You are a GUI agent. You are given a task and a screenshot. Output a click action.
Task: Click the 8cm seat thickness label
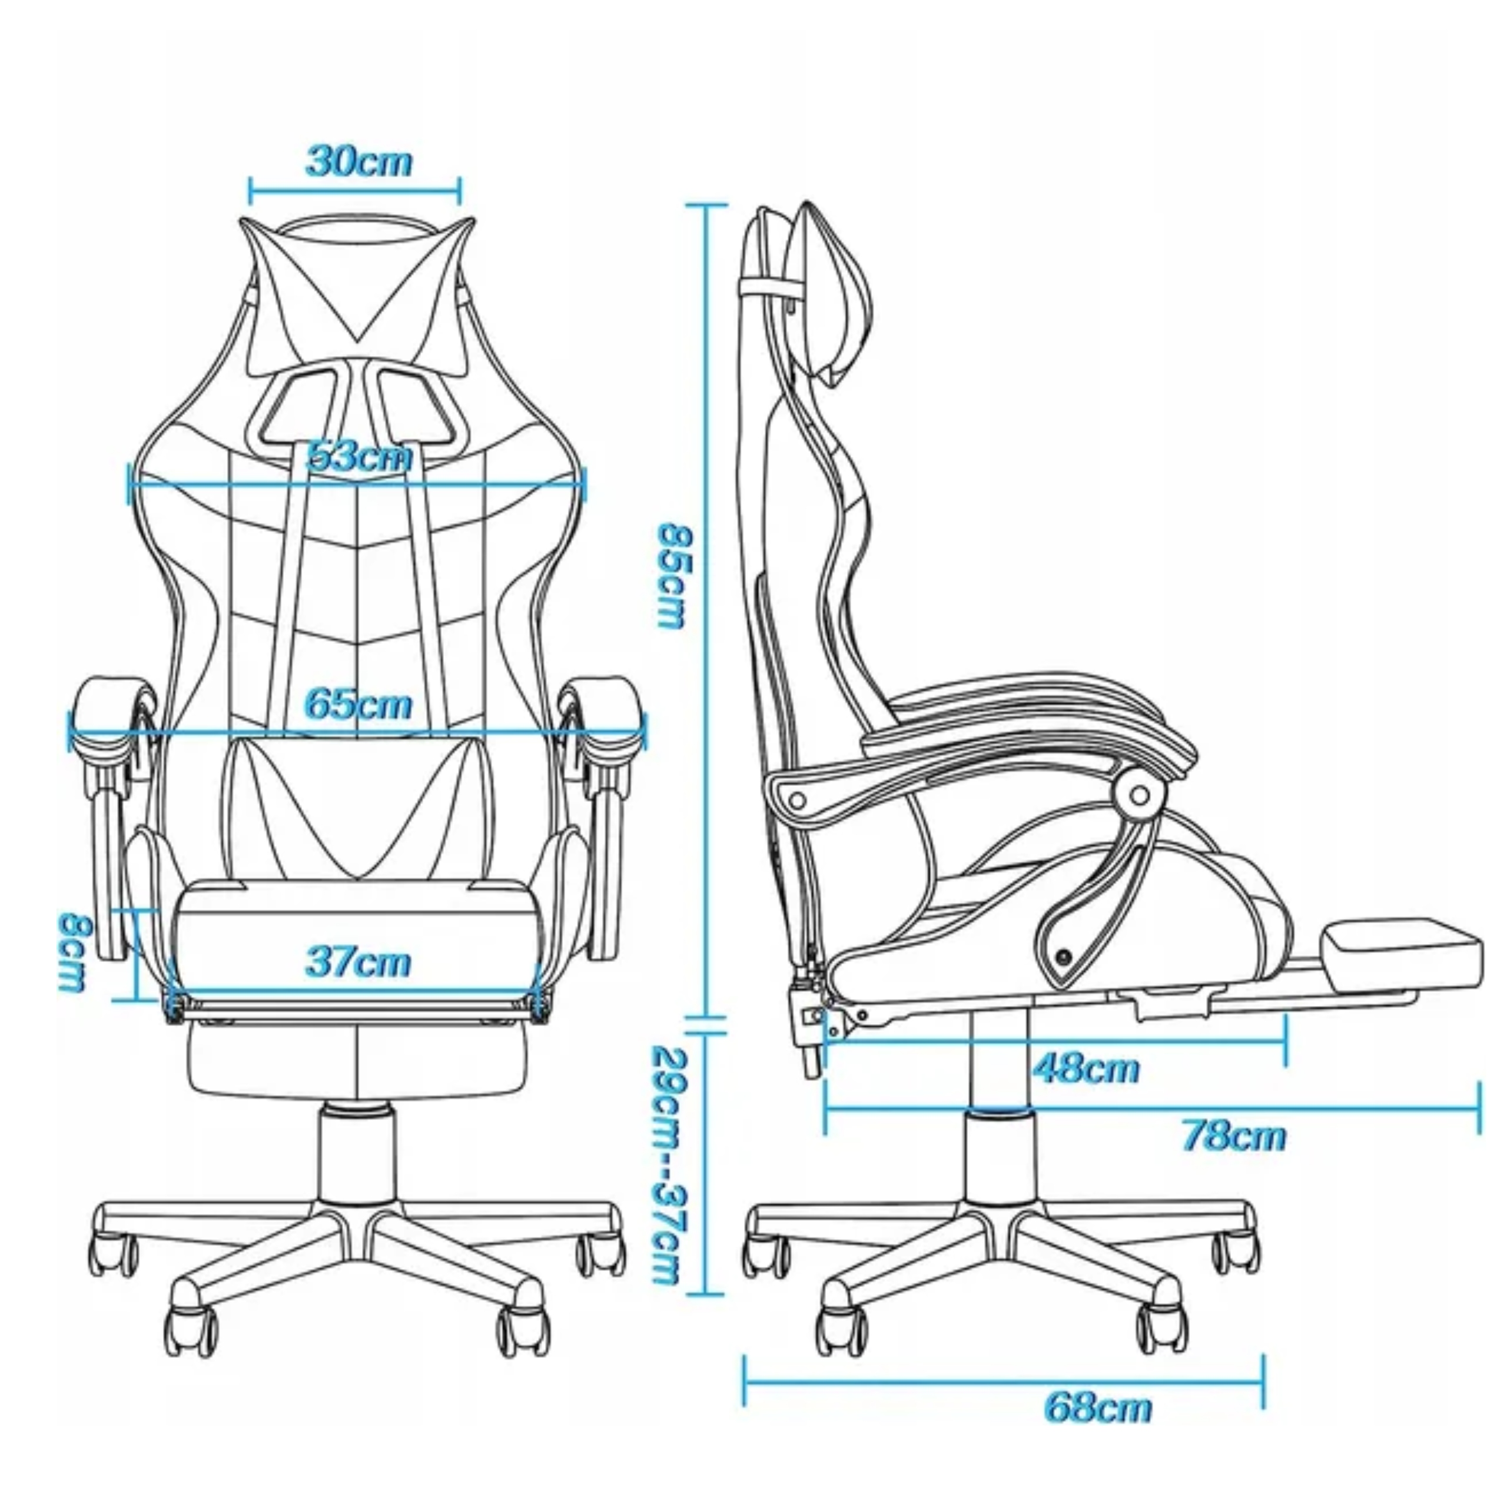coord(77,952)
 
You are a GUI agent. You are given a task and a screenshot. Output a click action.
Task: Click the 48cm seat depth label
coord(1086,1068)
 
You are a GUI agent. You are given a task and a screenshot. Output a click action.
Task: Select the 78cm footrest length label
coord(1233,1136)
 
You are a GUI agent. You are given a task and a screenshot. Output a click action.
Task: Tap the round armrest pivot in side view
coord(1140,796)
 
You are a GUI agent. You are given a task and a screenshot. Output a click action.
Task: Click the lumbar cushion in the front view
coord(358,807)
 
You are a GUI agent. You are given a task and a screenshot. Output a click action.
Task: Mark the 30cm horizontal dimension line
coord(355,190)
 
